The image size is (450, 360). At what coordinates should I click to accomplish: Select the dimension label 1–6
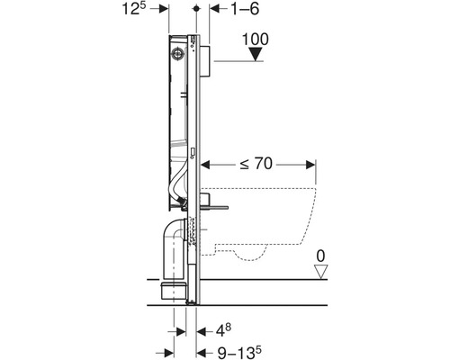pyautogui.click(x=245, y=9)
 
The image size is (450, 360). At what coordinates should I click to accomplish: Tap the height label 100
pyautogui.click(x=256, y=40)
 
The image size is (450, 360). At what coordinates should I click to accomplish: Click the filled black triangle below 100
pyautogui.click(x=256, y=55)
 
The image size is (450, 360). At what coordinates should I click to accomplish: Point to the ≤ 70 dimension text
pyautogui.click(x=256, y=164)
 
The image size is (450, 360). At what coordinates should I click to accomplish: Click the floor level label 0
pyautogui.click(x=320, y=256)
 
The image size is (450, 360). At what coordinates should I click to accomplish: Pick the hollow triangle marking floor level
pyautogui.click(x=320, y=272)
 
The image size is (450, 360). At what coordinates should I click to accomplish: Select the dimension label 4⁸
pyautogui.click(x=223, y=330)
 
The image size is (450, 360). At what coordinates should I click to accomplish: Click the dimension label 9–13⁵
pyautogui.click(x=239, y=352)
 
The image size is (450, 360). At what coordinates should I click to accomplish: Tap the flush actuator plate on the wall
pyautogui.click(x=204, y=61)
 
